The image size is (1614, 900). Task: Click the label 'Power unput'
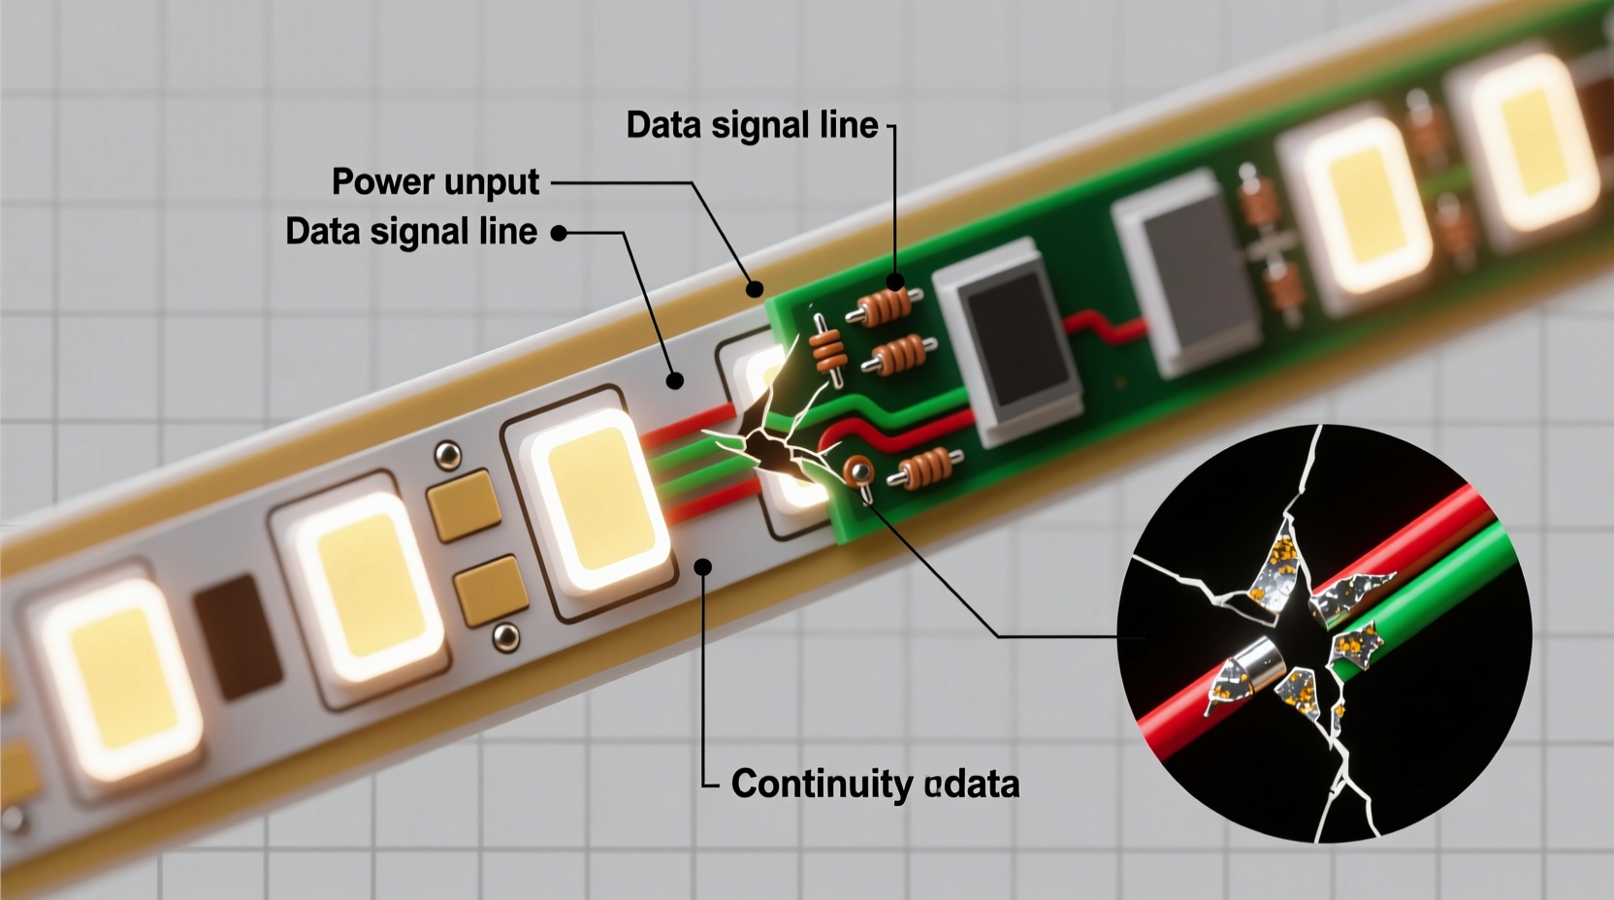(436, 182)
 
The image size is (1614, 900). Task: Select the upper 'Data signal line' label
(752, 125)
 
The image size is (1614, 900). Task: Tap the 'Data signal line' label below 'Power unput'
(411, 232)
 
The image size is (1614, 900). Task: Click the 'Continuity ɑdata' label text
(875, 784)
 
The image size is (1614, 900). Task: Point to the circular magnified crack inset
(1324, 633)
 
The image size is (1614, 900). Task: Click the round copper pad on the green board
(857, 471)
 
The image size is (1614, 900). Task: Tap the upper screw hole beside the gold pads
(447, 453)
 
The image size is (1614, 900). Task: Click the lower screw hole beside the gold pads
(504, 636)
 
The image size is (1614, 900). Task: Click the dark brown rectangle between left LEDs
(238, 635)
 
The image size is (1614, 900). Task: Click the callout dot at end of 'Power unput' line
(755, 287)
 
